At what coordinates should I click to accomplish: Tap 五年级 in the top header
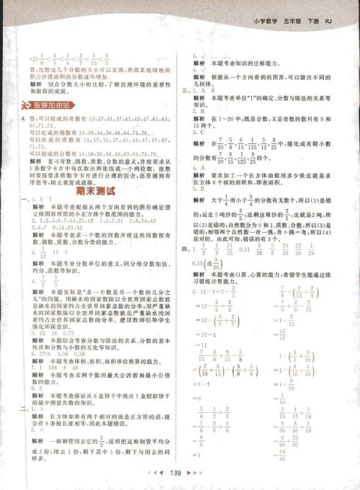pos(295,11)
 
